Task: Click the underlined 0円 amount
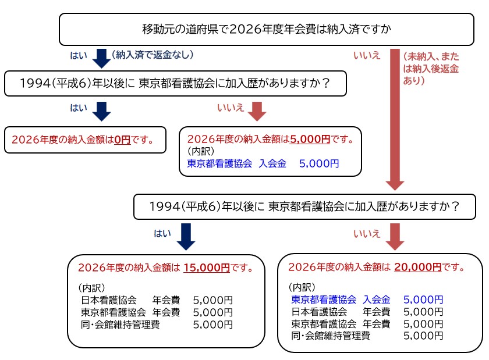122,140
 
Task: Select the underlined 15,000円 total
206,268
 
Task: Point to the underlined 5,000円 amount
310,140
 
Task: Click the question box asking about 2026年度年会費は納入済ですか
267,28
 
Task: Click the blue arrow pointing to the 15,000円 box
186,236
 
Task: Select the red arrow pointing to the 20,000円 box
395,236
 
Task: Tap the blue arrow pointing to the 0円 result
101,111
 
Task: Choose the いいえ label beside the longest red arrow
367,56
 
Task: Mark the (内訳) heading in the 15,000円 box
91,288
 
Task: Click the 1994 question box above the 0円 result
175,84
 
